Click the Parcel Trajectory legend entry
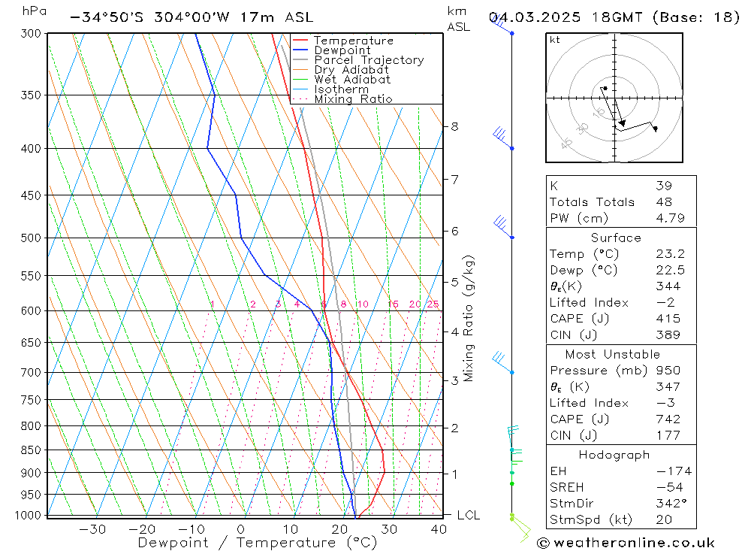point(369,60)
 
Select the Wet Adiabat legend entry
point(352,80)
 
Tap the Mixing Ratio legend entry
point(353,99)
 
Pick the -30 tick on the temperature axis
point(92,529)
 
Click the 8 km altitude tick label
point(454,126)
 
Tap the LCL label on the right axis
point(468,516)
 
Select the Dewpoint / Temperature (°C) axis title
point(257,542)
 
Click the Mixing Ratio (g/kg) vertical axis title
point(469,319)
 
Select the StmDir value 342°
point(668,504)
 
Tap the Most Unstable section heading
point(612,354)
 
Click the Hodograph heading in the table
point(614,455)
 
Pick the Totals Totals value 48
point(663,201)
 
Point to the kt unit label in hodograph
point(554,40)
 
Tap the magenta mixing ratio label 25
point(433,304)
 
